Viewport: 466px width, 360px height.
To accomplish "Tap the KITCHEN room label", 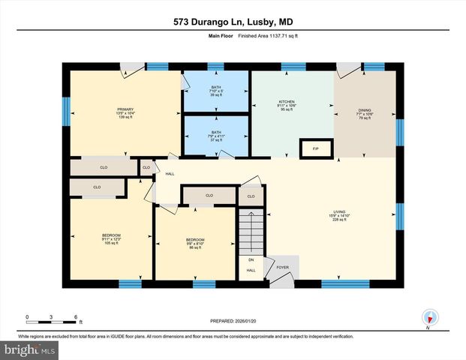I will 287,106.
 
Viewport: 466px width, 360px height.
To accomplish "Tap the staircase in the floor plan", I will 252,232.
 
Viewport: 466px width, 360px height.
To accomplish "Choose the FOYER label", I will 282,265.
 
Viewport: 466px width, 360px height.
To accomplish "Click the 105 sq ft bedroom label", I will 111,238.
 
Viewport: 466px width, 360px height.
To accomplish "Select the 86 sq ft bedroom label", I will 196,244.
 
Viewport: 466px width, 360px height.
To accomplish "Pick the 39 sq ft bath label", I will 216,91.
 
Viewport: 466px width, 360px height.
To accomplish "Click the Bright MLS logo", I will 30,349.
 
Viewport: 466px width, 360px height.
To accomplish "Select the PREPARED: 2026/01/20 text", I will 233,320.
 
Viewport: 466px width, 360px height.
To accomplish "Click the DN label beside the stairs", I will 251,260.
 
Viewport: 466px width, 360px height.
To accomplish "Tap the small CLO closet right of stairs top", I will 251,196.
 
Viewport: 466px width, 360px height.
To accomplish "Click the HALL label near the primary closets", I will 170,174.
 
